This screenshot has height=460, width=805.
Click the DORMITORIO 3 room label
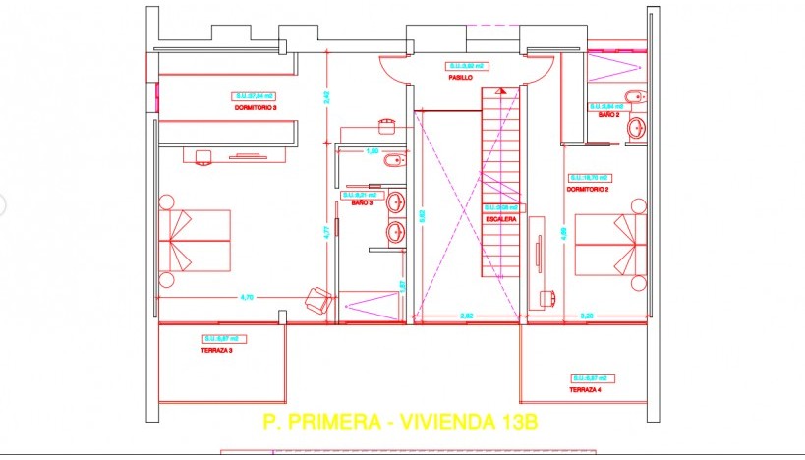[x=256, y=106]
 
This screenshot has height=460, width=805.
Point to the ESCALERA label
[x=500, y=220]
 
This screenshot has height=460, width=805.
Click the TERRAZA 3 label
[x=216, y=350]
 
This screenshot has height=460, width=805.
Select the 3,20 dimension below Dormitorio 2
[x=587, y=316]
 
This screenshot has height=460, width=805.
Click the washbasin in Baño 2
[x=637, y=128]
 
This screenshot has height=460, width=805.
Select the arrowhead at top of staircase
[x=501, y=90]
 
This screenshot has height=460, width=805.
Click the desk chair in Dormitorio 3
[x=204, y=155]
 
